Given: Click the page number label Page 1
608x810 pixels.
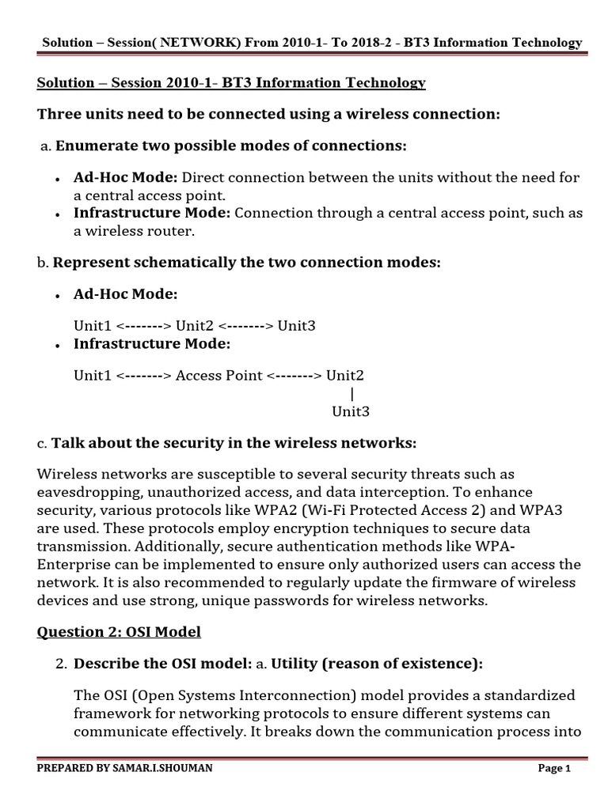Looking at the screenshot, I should (554, 768).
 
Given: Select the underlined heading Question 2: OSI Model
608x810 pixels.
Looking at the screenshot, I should (119, 631).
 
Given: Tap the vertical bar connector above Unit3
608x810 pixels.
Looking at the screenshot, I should (351, 393).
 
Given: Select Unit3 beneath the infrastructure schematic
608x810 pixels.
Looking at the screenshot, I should (351, 411).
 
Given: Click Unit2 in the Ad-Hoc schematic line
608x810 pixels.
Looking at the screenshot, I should (195, 326).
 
